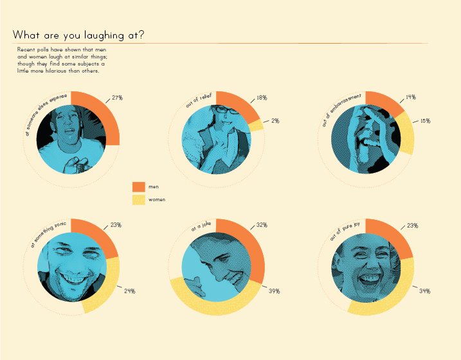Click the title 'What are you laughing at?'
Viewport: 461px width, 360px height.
(x=78, y=35)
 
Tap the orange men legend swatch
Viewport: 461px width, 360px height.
(x=138, y=186)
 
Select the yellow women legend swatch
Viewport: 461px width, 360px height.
(x=138, y=200)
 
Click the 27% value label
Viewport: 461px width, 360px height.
(x=117, y=98)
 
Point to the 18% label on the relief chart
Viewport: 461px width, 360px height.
(x=262, y=98)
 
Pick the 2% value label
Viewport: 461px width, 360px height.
(x=275, y=121)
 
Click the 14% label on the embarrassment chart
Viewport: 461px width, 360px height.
(x=410, y=98)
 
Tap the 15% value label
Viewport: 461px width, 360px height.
(x=425, y=121)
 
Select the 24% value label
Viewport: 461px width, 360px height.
(x=129, y=291)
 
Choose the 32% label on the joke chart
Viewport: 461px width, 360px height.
(x=262, y=226)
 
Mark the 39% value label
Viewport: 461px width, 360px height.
(x=274, y=291)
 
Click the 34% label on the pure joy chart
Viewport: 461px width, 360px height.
(x=424, y=291)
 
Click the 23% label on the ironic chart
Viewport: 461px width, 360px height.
(x=116, y=226)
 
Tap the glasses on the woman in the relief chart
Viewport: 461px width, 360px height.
(x=226, y=111)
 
